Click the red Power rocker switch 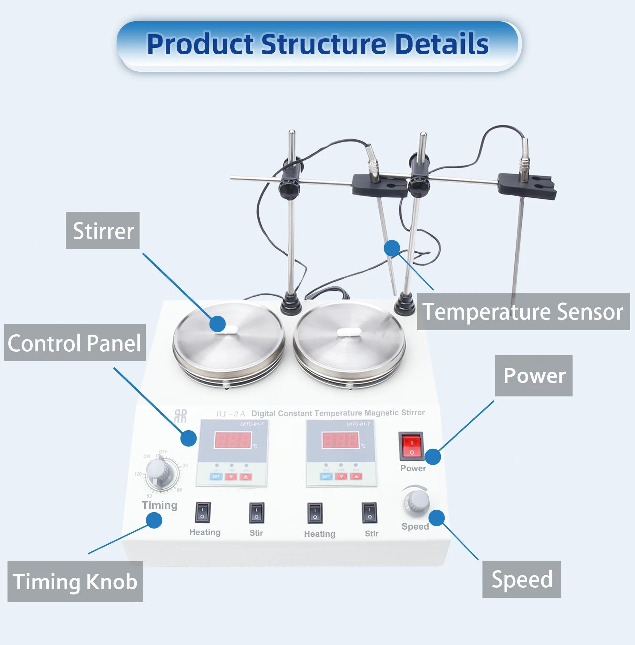[x=412, y=446]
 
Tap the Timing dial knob [x=159, y=471]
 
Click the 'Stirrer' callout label [x=103, y=231]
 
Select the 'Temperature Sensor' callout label [x=523, y=311]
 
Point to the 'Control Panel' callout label [x=75, y=343]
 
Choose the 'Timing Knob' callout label [x=75, y=581]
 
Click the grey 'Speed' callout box [x=521, y=579]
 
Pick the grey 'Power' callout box [x=534, y=376]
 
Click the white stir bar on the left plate [x=231, y=329]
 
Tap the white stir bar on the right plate [x=349, y=332]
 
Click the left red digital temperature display [x=233, y=440]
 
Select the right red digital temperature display [x=340, y=440]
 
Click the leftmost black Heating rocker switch [x=203, y=513]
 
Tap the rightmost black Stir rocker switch [x=370, y=513]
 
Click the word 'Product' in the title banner [x=200, y=44]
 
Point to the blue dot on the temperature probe [x=392, y=248]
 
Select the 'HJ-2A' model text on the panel [x=231, y=414]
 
